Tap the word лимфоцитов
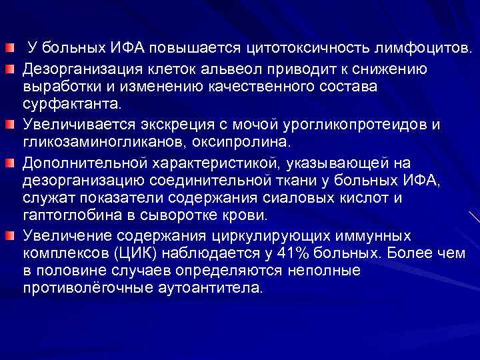[x=417, y=49]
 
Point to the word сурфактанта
[x=73, y=105]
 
